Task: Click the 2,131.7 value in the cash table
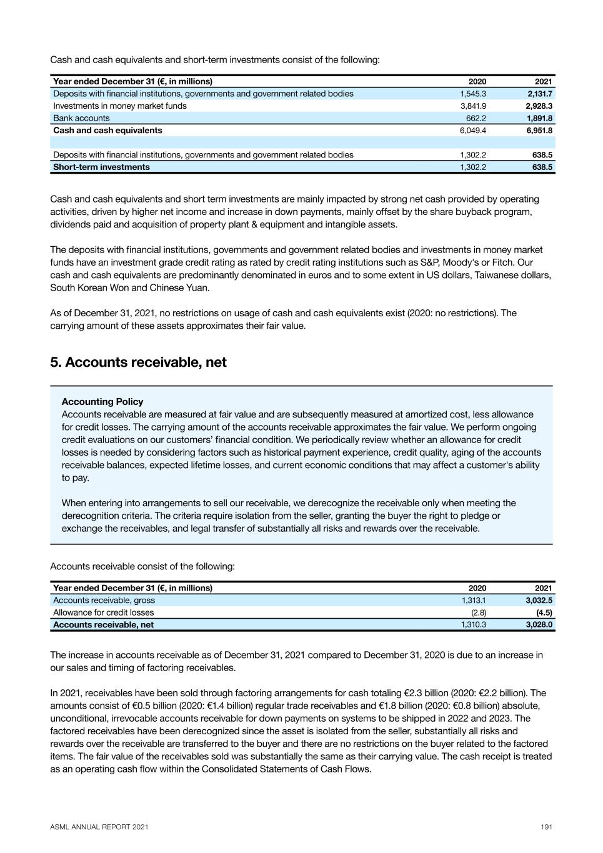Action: [539, 94]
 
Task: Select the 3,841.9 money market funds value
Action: [473, 106]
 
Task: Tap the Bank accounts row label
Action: [81, 118]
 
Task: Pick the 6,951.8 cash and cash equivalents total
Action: [539, 131]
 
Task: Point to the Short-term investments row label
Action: [101, 167]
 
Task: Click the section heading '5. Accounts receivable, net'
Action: [138, 362]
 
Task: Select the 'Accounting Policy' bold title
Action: [102, 402]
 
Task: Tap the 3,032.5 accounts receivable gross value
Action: [539, 601]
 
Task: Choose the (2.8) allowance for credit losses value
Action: [478, 612]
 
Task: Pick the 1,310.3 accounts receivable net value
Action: [473, 624]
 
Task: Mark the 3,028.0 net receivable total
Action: [539, 624]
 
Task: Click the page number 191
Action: [546, 827]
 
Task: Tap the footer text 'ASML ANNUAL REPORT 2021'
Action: [99, 827]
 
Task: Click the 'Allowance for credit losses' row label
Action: [103, 612]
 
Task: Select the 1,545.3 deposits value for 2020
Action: [473, 94]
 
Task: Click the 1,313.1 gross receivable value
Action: [474, 601]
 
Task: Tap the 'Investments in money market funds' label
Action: [120, 106]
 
